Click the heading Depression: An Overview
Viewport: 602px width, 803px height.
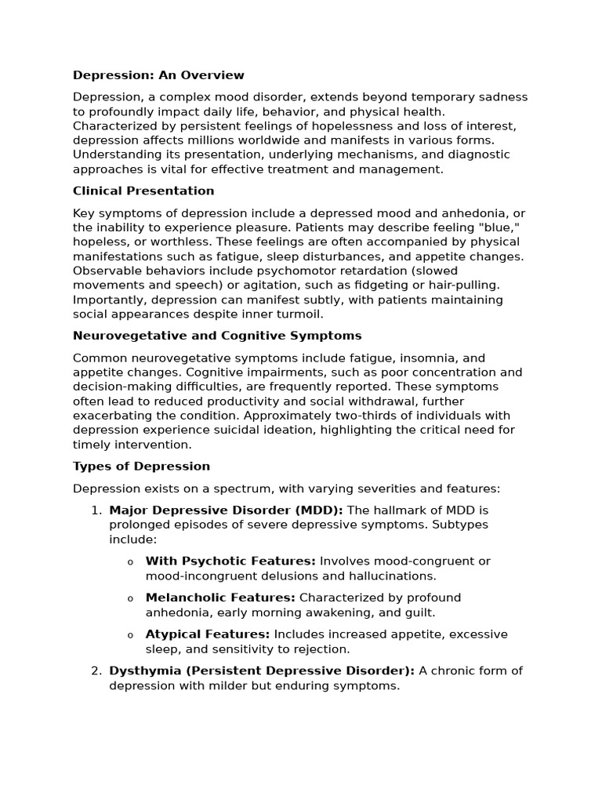pos(158,75)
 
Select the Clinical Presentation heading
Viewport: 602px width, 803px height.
pos(143,191)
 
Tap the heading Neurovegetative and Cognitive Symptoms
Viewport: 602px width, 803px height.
pos(217,336)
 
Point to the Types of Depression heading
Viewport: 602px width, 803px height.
pos(141,467)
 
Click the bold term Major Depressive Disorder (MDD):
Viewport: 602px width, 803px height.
pos(226,511)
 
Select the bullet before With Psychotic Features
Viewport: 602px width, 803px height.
pos(130,562)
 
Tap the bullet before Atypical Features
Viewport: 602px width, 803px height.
pos(130,635)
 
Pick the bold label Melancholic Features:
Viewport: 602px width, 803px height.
pos(220,598)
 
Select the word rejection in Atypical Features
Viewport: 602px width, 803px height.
pos(321,649)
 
